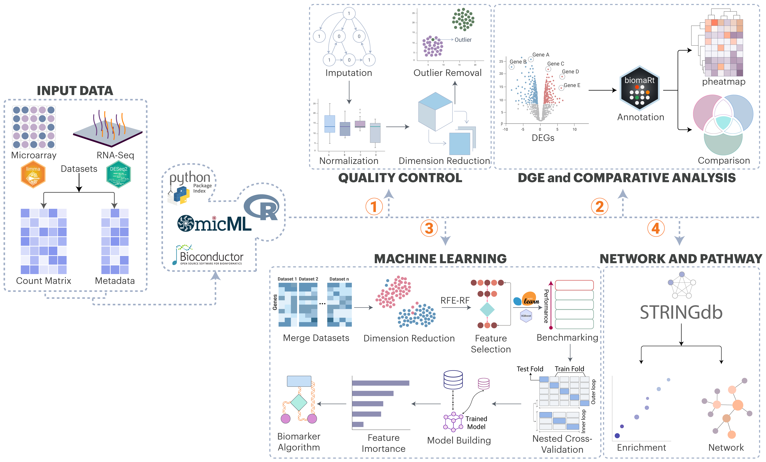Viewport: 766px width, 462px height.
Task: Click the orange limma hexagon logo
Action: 33,174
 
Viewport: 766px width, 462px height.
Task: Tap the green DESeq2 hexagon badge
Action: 118,174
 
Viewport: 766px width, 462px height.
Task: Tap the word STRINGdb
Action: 681,312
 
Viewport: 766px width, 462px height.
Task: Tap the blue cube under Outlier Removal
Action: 435,111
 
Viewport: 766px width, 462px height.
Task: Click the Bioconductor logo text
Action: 211,257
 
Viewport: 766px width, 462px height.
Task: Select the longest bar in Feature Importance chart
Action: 380,383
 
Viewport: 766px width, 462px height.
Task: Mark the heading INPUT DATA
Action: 75,91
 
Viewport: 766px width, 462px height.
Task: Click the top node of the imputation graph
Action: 349,13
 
